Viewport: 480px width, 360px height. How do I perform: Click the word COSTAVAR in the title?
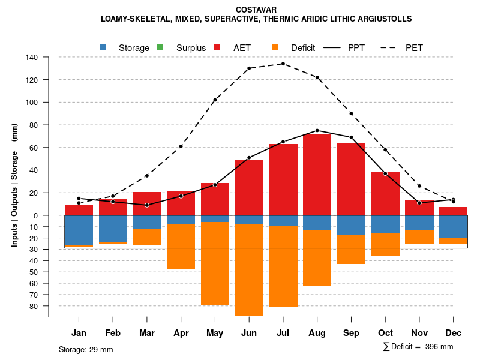[x=256, y=10]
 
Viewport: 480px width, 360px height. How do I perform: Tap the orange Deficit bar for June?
[x=249, y=270]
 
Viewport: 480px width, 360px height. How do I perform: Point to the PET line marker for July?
[x=283, y=64]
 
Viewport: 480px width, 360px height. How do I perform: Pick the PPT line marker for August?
[x=317, y=130]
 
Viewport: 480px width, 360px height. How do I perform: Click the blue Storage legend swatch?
[x=103, y=47]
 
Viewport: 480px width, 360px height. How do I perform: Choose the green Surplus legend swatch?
[x=160, y=47]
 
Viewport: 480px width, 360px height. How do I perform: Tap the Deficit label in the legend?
[x=303, y=47]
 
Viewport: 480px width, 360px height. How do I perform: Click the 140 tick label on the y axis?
[x=32, y=58]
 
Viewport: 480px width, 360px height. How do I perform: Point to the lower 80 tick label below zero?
[x=34, y=306]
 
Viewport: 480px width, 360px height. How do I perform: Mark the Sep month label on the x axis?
[x=351, y=333]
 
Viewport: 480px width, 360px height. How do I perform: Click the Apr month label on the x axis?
[x=181, y=333]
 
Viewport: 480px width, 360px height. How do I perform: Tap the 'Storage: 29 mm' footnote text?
[x=86, y=349]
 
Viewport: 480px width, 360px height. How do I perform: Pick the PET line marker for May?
[x=215, y=100]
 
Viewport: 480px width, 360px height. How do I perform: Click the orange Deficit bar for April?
[x=181, y=246]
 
